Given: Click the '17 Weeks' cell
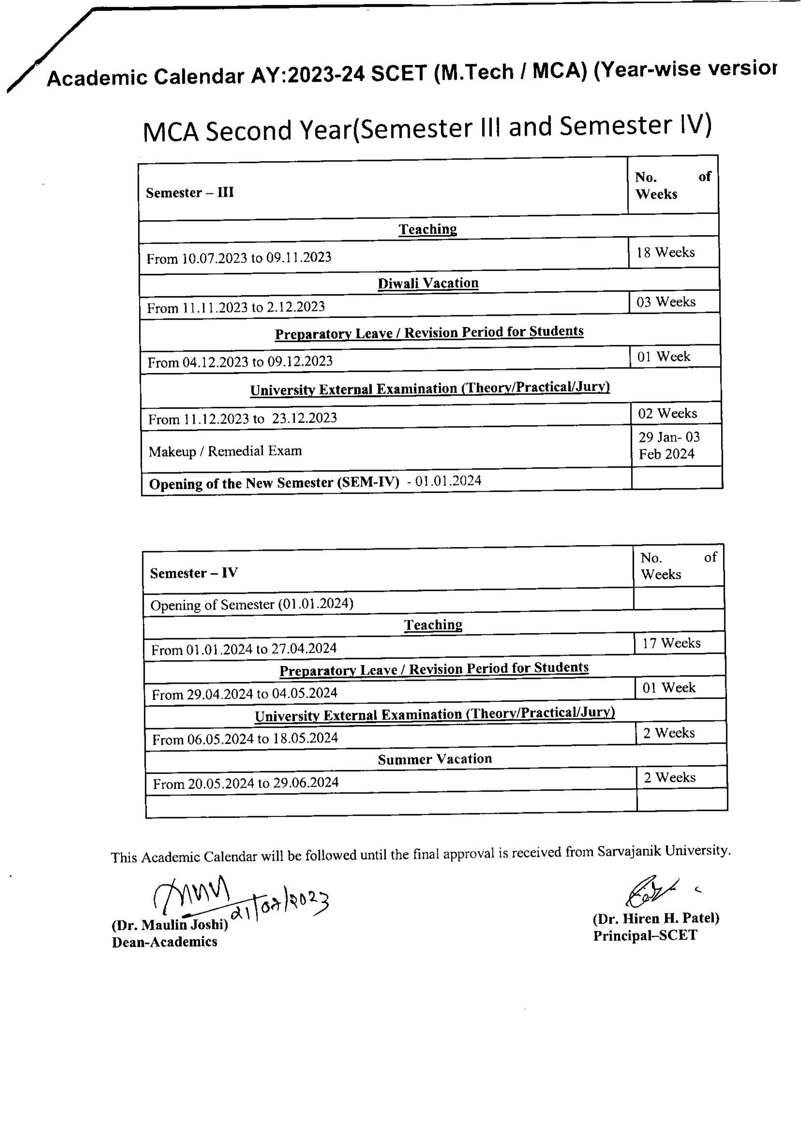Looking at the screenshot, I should (671, 643).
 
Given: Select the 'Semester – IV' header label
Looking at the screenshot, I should (193, 573).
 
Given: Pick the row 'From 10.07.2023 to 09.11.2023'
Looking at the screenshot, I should (239, 257).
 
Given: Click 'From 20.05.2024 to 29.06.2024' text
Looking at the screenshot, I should (245, 783).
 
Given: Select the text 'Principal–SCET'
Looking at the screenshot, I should (645, 936).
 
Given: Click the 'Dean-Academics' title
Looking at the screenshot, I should (164, 942).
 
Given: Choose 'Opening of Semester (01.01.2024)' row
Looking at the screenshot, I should (252, 604).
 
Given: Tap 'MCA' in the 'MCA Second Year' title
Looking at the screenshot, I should (170, 132).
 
